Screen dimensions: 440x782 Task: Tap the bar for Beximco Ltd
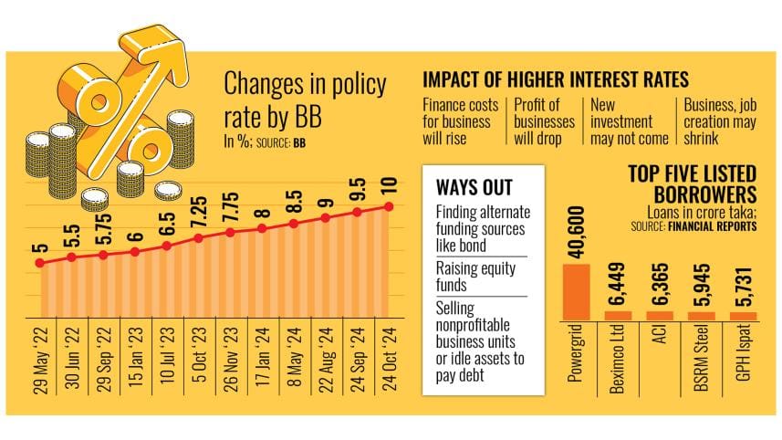pos(618,315)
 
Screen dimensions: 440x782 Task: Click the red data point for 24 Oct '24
pos(391,206)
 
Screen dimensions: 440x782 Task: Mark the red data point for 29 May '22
pos(40,263)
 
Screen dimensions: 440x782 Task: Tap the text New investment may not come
pos(629,121)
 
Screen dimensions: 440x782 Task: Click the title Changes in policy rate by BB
pos(306,101)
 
